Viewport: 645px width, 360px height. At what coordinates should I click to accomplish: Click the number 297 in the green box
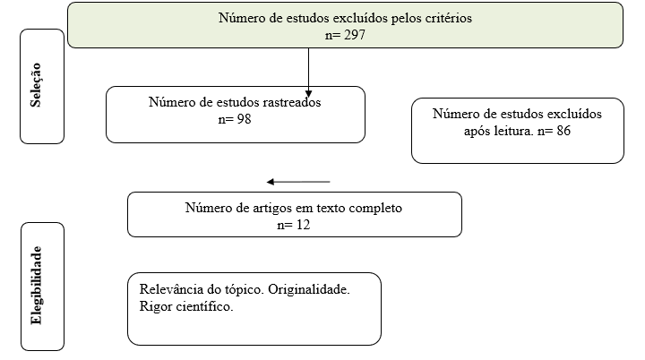355,35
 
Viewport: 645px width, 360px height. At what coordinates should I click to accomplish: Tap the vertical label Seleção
36,85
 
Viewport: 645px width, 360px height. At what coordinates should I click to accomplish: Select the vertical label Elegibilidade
36,286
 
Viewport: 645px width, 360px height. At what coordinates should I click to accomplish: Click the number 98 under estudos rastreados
244,119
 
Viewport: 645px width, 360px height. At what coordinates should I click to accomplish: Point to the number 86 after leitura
563,131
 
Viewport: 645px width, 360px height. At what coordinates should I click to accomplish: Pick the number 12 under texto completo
303,225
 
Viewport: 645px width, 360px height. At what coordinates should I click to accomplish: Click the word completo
375,208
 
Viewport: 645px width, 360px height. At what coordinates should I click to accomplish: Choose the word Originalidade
308,289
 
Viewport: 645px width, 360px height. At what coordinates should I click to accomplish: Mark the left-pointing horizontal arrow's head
271,182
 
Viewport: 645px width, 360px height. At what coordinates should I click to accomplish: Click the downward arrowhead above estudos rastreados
308,94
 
